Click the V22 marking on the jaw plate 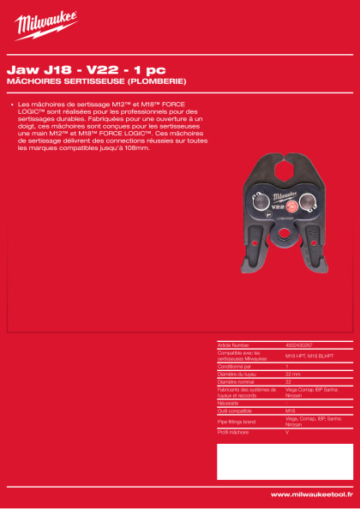pos(255,206)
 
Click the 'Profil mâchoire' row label pos(235,434)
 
